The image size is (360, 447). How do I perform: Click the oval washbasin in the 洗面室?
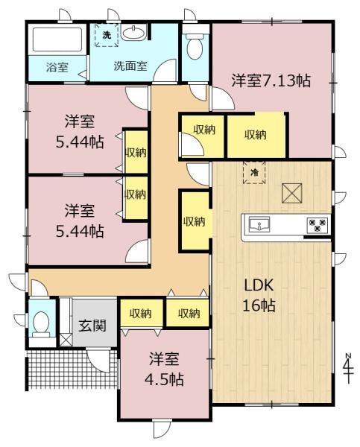pyautogui.click(x=135, y=33)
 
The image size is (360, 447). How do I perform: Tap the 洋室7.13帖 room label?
pyautogui.click(x=270, y=80)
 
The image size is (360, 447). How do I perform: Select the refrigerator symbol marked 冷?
pyautogui.click(x=254, y=172)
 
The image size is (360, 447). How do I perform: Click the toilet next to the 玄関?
pyautogui.click(x=41, y=323)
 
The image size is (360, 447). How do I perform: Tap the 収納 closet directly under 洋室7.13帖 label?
pyautogui.click(x=256, y=134)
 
